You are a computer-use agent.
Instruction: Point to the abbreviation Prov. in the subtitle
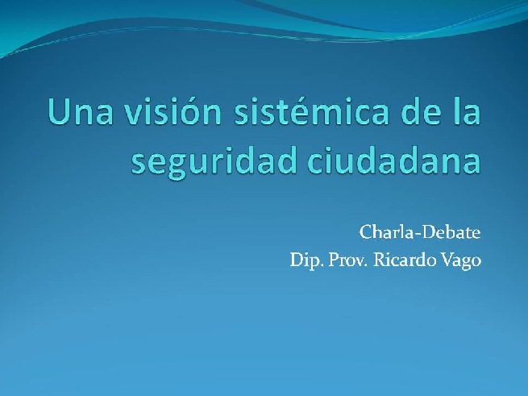pyautogui.click(x=348, y=261)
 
